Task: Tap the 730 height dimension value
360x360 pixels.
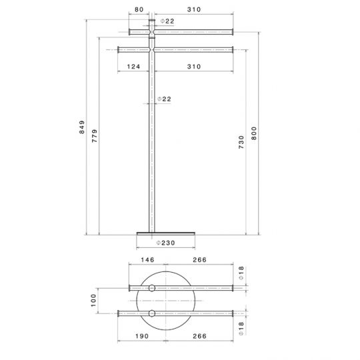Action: (x=241, y=141)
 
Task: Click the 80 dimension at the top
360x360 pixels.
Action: (x=139, y=10)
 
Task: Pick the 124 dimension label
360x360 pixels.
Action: (x=133, y=66)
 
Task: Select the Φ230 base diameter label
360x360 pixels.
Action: (x=165, y=242)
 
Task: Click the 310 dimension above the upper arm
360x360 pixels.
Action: (x=194, y=10)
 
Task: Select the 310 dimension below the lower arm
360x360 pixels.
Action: (x=194, y=66)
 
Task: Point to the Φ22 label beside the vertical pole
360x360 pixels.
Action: (x=164, y=99)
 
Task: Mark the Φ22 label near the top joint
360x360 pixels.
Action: (x=167, y=21)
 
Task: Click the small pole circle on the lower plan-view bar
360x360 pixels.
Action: (x=152, y=313)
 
